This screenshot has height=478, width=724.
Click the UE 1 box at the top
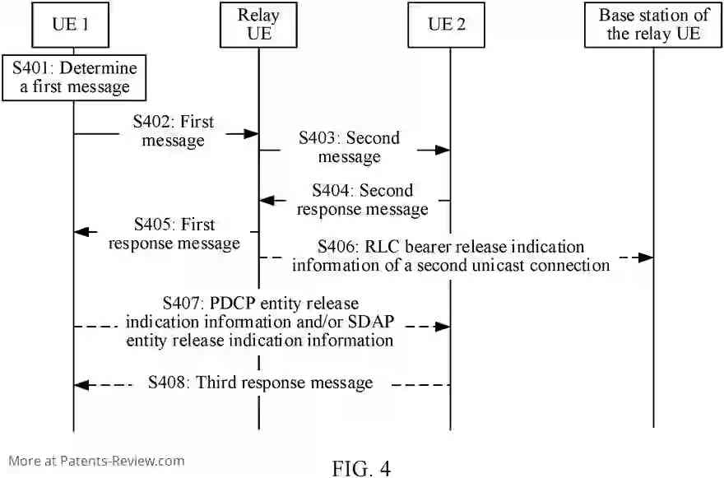pyautogui.click(x=72, y=25)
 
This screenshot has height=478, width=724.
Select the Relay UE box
pyautogui.click(x=258, y=25)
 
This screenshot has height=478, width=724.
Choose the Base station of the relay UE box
pyautogui.click(x=653, y=25)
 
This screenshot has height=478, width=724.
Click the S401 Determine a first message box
pyautogui.click(x=74, y=77)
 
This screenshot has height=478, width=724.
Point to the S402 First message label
pyautogui.click(x=174, y=132)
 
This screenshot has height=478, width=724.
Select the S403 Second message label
pyautogui.click(x=349, y=147)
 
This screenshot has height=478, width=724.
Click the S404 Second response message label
pyautogui.click(x=363, y=200)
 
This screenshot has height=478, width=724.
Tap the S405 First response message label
pyautogui.click(x=174, y=234)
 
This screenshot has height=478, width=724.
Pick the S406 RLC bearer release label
pyautogui.click(x=451, y=256)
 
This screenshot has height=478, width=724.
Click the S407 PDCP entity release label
pyautogui.click(x=260, y=322)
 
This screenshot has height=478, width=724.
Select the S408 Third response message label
pyautogui.click(x=260, y=383)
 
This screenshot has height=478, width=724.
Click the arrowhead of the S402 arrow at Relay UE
pyautogui.click(x=253, y=132)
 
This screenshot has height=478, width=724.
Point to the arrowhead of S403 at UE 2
pyautogui.click(x=443, y=150)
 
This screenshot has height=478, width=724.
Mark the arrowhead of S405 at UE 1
pyautogui.click(x=80, y=232)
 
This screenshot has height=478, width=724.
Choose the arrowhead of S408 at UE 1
pyautogui.click(x=80, y=384)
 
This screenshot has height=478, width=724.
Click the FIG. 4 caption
pyautogui.click(x=361, y=467)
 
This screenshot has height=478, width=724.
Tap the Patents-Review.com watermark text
pyautogui.click(x=96, y=461)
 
